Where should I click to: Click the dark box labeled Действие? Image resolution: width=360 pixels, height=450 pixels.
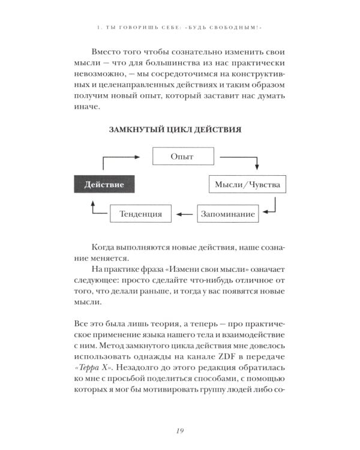tap(104, 184)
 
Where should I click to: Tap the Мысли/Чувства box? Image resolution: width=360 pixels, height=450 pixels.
tap(247, 184)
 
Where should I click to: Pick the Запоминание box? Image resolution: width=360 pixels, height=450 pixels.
tap(228, 213)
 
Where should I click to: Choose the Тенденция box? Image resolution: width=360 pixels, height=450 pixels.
tap(140, 213)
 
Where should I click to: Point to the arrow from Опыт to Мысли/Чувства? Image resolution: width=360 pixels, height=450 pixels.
tap(243, 160)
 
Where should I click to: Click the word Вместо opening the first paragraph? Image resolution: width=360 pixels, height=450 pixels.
tap(109, 52)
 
